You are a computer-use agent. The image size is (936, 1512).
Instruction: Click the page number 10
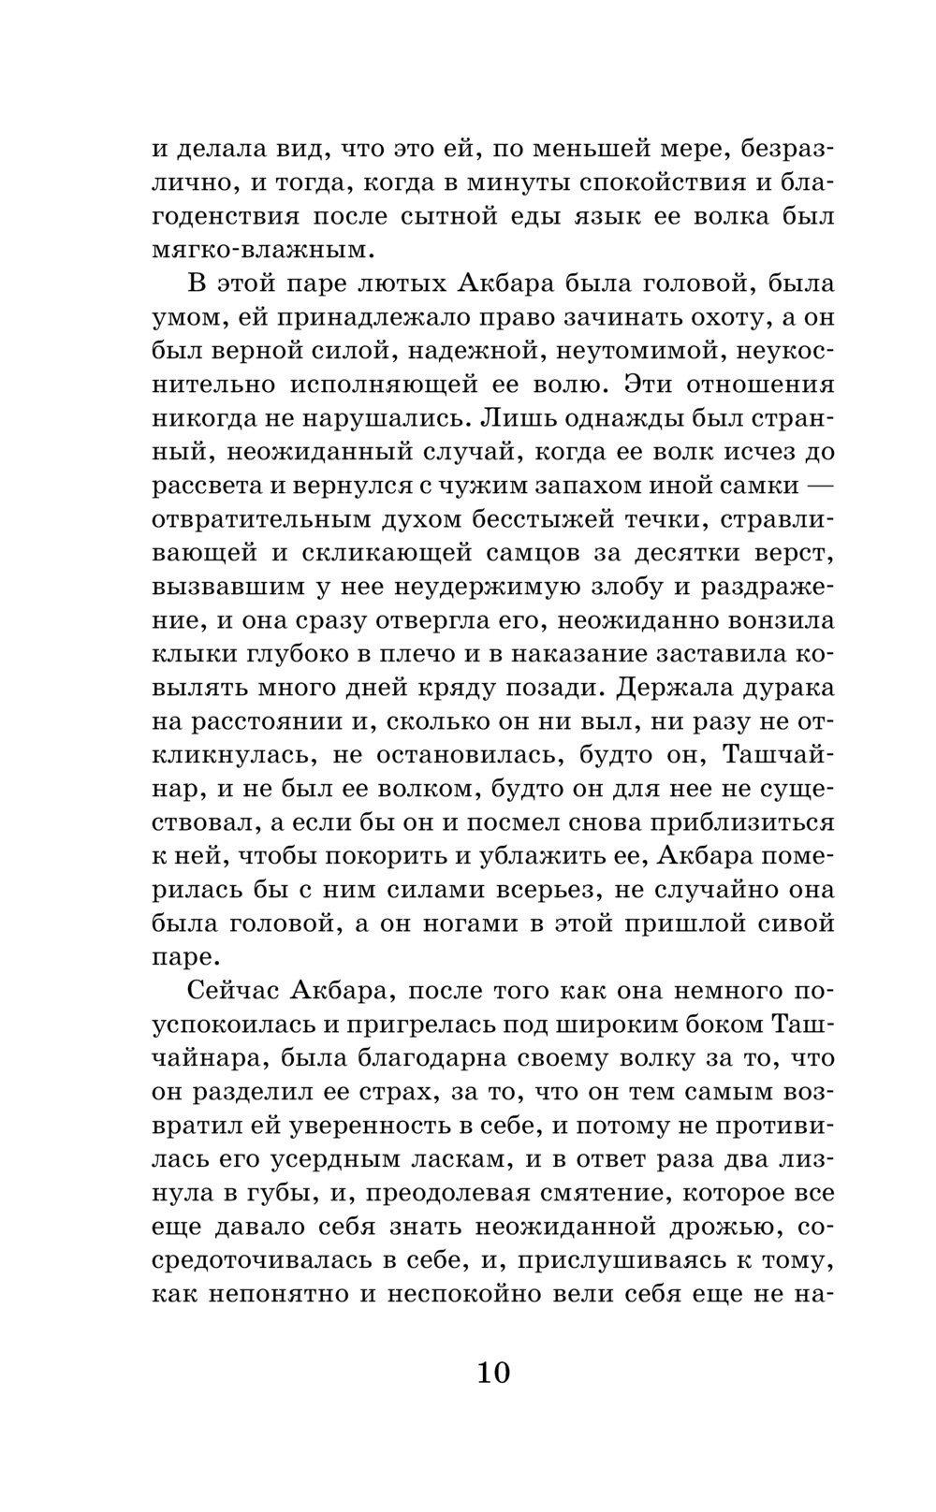[x=493, y=1373]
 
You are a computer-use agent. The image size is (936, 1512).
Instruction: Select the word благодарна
[x=439, y=1059]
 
